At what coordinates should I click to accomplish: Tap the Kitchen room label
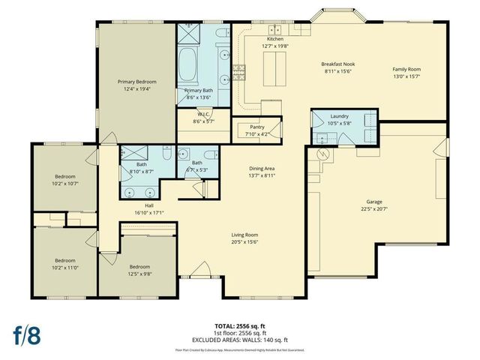[274, 39]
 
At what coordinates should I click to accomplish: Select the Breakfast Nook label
[337, 64]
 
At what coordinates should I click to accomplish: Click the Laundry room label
[339, 116]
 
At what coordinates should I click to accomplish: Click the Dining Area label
[263, 169]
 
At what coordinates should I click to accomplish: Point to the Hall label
[148, 205]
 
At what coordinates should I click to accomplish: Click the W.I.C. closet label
[202, 114]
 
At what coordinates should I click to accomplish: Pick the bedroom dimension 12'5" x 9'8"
[139, 274]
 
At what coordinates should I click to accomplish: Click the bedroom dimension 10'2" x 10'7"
[65, 183]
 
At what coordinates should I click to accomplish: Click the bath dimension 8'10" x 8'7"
[141, 172]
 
